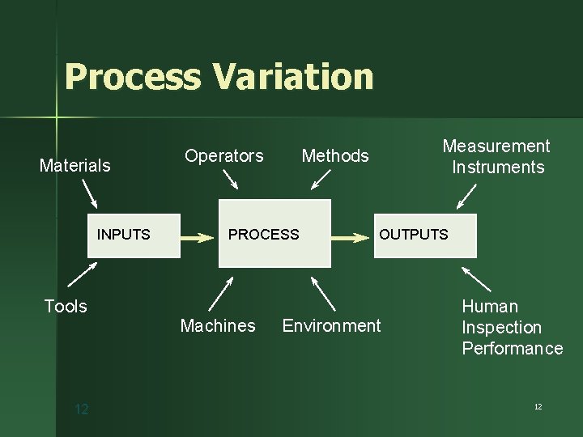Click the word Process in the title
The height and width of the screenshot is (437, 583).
pos(133,77)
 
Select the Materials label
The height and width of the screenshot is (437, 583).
pos(75,166)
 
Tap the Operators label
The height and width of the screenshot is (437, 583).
pos(224,155)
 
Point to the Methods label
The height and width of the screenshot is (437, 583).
pos(335,155)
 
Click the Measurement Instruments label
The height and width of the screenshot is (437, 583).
pos(496,156)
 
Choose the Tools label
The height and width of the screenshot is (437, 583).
pos(66,306)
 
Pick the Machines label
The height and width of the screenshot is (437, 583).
pos(218,325)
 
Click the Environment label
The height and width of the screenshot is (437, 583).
pos(331,325)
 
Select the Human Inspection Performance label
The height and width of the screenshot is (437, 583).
pos(512,327)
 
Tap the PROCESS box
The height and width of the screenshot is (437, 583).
pos(275,234)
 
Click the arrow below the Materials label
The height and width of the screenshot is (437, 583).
pos(90,194)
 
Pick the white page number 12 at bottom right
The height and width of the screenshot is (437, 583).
pos(538,406)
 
